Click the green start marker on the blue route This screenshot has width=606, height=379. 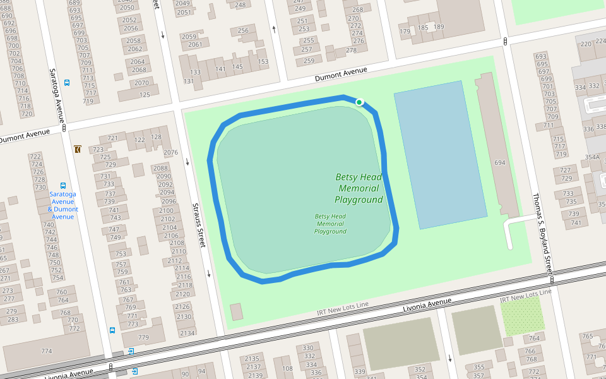[359, 102]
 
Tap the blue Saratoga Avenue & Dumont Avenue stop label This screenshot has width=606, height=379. [62, 205]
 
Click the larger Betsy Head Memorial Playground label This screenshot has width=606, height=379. [359, 188]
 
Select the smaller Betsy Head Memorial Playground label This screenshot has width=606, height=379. [330, 224]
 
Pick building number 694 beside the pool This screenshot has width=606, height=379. [500, 162]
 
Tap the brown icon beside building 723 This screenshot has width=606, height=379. [77, 149]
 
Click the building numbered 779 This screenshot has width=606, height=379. [144, 337]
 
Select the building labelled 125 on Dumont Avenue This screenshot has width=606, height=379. [145, 95]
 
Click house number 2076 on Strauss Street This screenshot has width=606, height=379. [170, 152]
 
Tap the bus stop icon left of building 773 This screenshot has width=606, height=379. [112, 330]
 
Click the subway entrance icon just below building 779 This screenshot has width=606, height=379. [131, 351]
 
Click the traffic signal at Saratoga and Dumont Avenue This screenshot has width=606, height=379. [64, 128]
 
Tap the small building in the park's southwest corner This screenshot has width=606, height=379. [236, 311]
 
